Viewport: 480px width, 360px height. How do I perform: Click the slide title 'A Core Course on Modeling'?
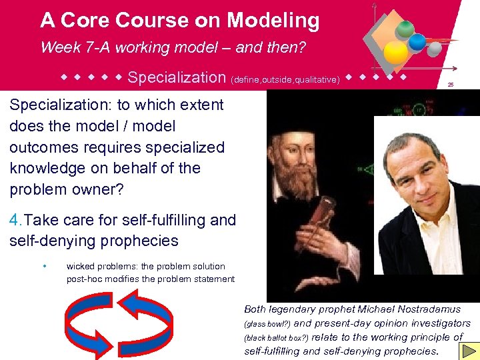tap(179, 21)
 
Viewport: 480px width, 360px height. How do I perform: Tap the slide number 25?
tap(451, 85)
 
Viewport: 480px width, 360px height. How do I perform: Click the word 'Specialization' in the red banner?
tap(177, 77)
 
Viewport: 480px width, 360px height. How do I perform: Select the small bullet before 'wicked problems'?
tap(44, 267)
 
